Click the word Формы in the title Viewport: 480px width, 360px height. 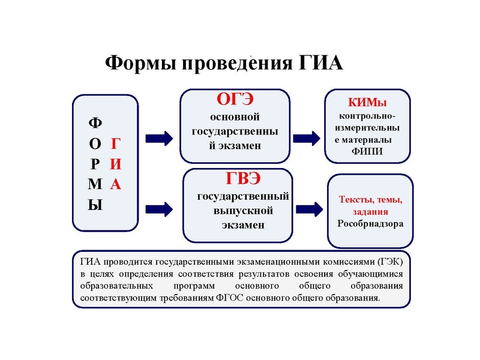[x=137, y=63]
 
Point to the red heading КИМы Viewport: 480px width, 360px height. [x=367, y=103]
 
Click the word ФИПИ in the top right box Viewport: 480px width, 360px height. [x=367, y=151]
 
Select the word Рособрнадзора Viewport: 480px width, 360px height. [x=370, y=224]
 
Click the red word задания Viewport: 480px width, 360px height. [x=370, y=212]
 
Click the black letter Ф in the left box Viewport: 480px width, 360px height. [x=95, y=123]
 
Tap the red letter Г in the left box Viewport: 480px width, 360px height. [x=116, y=143]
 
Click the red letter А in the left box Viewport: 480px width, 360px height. [x=116, y=184]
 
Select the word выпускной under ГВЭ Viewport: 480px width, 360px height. [x=243, y=211]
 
